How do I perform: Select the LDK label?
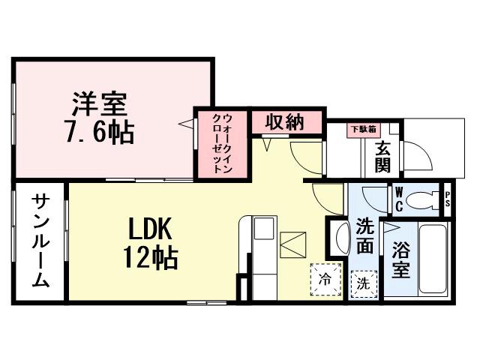click(150, 227)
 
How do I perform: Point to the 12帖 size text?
click(150, 257)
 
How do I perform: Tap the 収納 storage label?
click(284, 121)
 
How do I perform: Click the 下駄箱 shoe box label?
click(362, 128)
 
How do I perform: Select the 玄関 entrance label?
click(382, 157)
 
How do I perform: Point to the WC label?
click(399, 199)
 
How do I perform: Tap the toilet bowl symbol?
click(427, 199)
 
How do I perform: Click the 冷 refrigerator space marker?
click(325, 278)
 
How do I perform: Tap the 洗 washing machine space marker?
click(363, 283)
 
